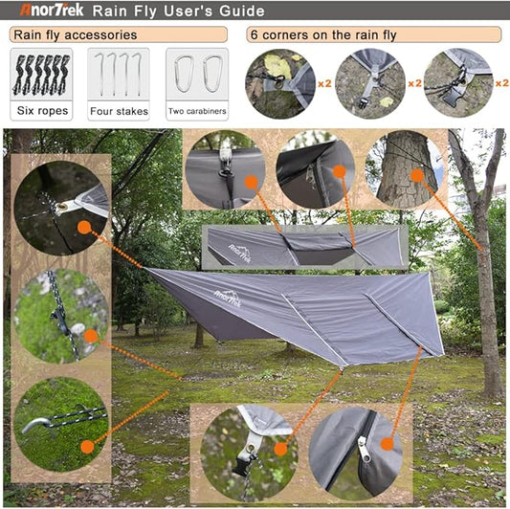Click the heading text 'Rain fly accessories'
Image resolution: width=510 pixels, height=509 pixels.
(74, 35)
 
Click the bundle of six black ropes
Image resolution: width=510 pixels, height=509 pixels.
(40, 76)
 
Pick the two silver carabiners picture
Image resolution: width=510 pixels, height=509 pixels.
(197, 76)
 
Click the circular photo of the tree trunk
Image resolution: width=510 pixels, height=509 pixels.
(407, 169)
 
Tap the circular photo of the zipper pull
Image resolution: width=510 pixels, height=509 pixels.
(356, 448)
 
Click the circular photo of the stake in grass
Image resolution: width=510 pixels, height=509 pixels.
(60, 421)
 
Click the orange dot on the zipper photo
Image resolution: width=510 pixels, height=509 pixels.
(387, 443)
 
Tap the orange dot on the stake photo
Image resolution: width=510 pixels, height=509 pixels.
(87, 445)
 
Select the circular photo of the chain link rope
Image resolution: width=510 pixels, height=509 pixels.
(60, 314)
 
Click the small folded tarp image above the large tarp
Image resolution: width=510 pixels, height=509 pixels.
(304, 247)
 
